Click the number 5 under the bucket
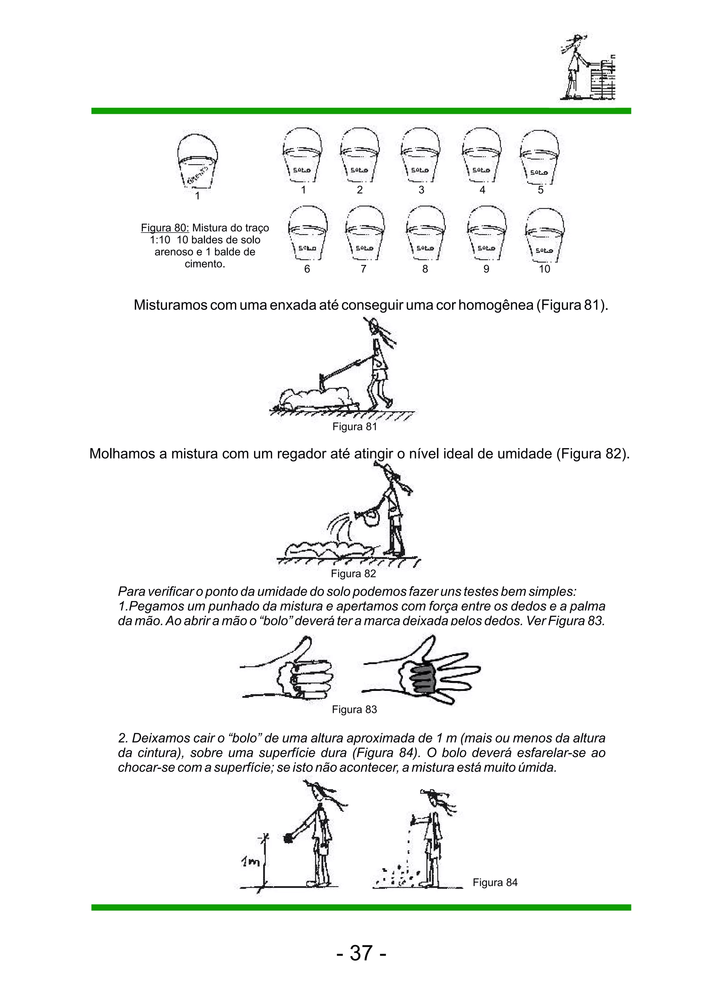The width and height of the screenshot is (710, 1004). point(541,190)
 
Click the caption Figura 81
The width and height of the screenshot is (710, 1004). point(355,427)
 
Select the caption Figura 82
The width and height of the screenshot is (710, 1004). point(353,573)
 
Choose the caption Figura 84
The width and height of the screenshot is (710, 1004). point(495,882)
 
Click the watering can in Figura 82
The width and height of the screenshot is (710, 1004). point(370,517)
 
